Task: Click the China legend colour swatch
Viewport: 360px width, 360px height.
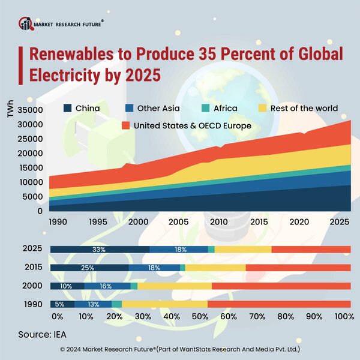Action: point(68,109)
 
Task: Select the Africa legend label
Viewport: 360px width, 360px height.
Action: point(225,109)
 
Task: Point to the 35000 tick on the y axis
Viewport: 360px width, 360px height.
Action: point(30,110)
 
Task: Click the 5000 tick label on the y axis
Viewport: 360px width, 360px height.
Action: point(32,197)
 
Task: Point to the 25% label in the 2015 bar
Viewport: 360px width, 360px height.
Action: point(88,268)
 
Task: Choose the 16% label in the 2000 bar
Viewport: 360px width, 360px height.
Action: point(106,286)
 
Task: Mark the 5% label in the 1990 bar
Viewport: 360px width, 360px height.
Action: point(60,304)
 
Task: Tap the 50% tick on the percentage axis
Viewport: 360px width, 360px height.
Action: point(201,316)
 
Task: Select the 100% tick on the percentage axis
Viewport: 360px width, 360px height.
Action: point(344,316)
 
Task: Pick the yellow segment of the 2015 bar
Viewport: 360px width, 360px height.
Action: point(215,268)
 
